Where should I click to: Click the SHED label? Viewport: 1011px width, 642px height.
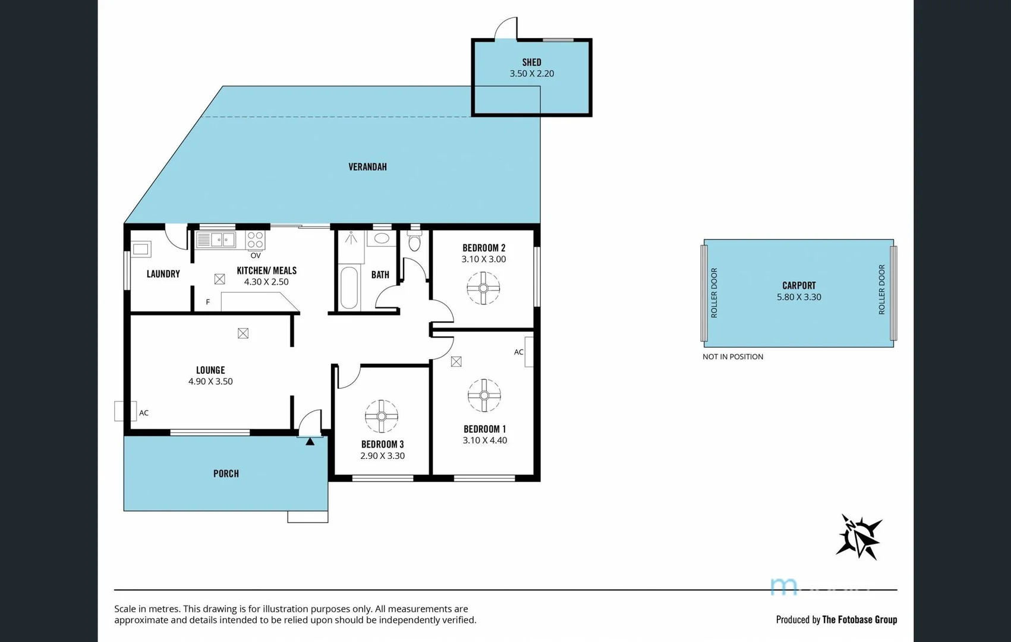[x=531, y=62]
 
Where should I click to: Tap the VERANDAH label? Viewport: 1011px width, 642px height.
[x=367, y=167]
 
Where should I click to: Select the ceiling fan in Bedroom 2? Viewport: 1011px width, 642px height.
[x=483, y=288]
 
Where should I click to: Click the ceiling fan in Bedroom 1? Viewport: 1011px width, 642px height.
[x=484, y=395]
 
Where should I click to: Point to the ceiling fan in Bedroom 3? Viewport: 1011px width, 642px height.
[x=381, y=416]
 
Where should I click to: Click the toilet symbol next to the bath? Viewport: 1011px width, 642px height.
[x=414, y=243]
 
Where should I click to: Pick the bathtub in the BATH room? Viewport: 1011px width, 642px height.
[x=349, y=288]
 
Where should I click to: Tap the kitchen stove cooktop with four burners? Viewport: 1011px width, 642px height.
[x=256, y=240]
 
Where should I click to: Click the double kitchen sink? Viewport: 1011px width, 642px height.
[x=216, y=240]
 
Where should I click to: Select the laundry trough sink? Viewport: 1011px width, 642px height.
[x=141, y=248]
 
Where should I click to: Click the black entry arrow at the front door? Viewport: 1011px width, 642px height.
[x=310, y=441]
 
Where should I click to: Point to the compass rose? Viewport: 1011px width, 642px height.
[x=859, y=537]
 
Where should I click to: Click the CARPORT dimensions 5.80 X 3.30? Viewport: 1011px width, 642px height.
[x=799, y=297]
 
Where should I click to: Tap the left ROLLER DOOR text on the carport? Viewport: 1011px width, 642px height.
[x=714, y=292]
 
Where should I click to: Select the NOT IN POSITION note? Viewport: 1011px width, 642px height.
[x=732, y=357]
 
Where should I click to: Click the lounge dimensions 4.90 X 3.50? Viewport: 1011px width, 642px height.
[x=210, y=382]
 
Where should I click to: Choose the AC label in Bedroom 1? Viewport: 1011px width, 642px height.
[x=518, y=352]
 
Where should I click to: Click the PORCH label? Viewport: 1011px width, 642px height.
[x=226, y=474]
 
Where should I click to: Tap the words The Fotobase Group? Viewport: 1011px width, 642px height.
[x=859, y=619]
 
